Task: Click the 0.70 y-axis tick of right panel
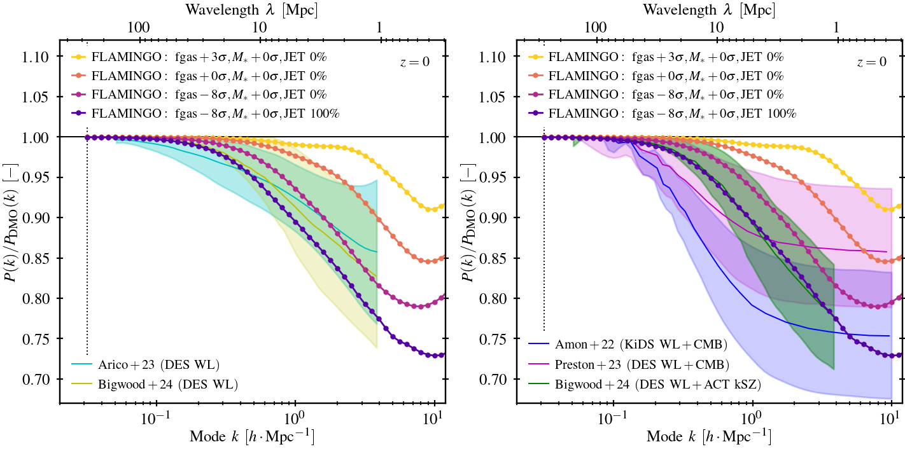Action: (x=498, y=379)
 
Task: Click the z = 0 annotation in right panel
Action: (x=871, y=62)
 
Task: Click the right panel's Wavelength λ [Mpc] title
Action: (x=709, y=10)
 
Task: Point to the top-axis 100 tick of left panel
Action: (x=139, y=27)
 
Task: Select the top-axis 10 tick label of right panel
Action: (x=717, y=27)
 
